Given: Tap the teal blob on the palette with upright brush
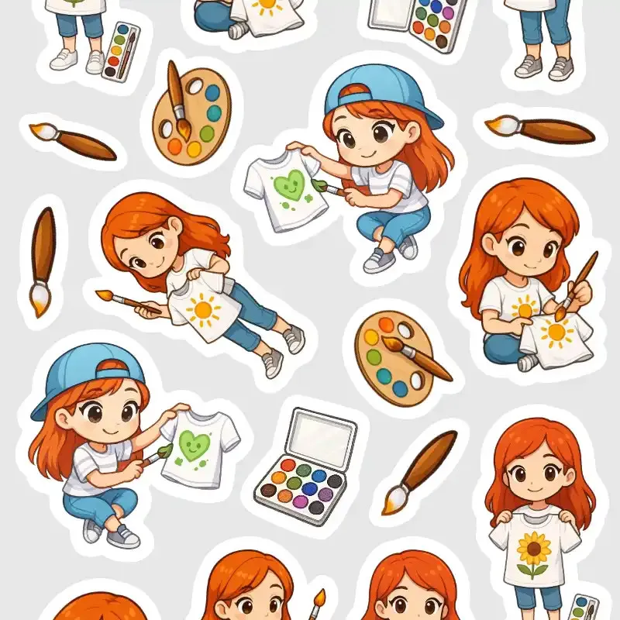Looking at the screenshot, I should [x=213, y=113].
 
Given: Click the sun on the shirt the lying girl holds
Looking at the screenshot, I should [x=204, y=311].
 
